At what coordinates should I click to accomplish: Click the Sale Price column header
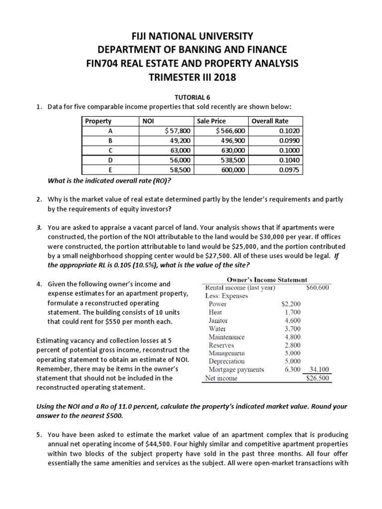pos(211,121)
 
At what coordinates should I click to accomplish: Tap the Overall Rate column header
pos(270,121)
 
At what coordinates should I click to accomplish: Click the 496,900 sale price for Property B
pos(233,140)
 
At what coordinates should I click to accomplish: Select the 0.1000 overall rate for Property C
pos(289,150)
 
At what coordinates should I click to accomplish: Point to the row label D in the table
pos(110,160)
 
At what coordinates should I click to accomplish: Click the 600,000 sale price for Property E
pos(233,169)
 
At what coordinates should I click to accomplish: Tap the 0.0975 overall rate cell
pos(289,169)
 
